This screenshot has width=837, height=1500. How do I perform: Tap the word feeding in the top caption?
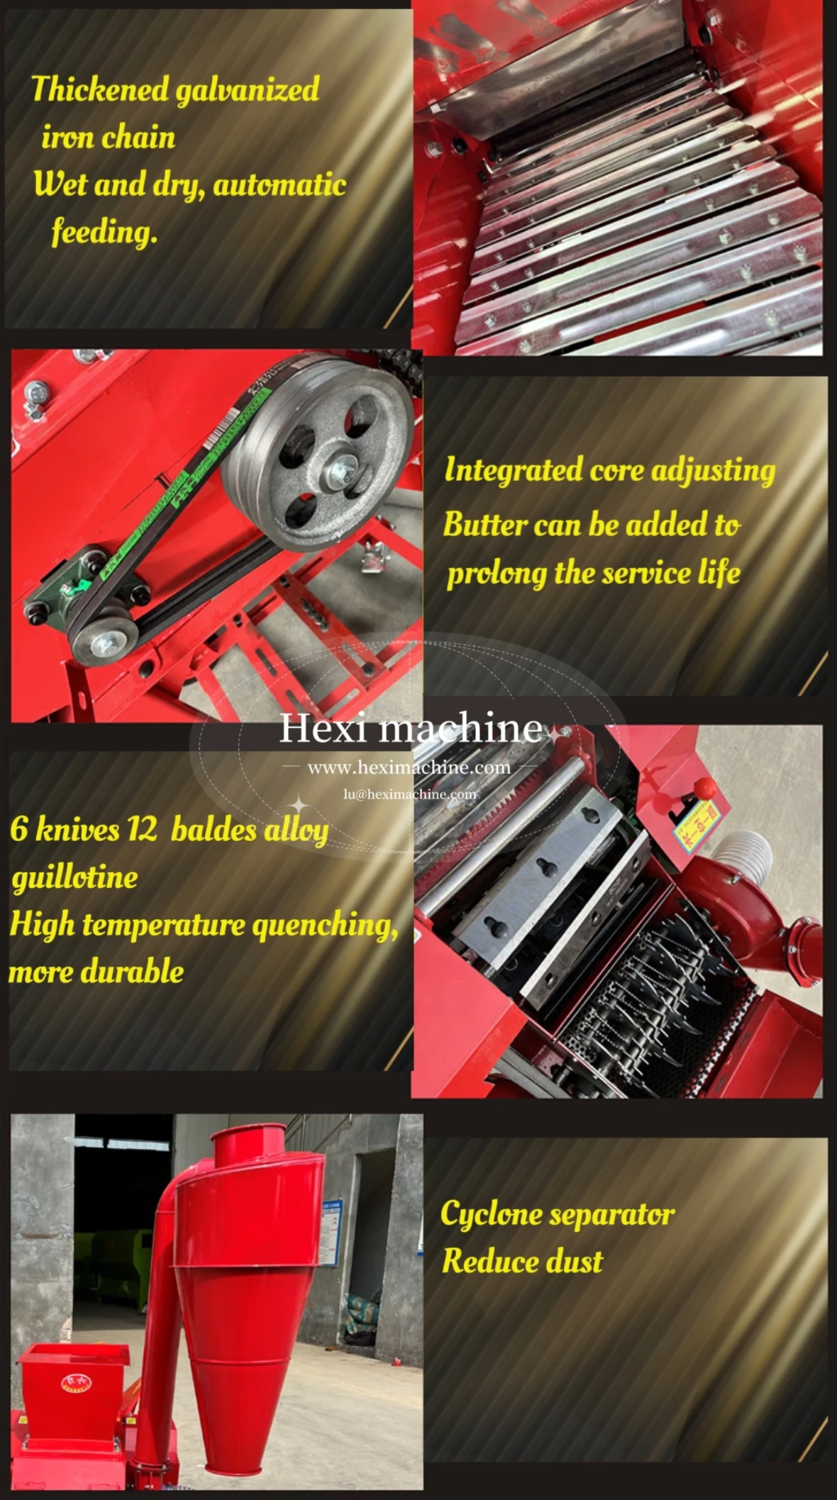coord(104,232)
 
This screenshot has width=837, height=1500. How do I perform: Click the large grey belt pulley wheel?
coord(317,454)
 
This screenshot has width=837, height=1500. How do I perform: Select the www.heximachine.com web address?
coord(409,767)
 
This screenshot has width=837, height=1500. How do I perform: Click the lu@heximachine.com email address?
coord(410,794)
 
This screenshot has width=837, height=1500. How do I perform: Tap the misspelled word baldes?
coord(213,829)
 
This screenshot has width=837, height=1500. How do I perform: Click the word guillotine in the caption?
coord(74,878)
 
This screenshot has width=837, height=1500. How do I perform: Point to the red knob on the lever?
coord(705,787)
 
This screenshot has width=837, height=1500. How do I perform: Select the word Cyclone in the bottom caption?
coord(492,1215)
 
